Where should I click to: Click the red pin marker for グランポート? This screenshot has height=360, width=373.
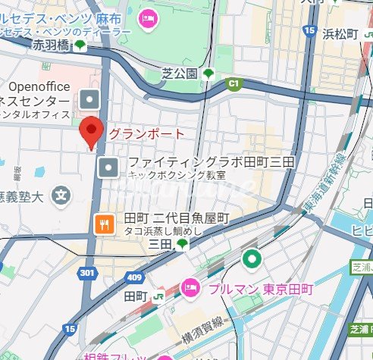(x=91, y=132)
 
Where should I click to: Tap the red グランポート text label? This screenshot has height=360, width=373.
(x=146, y=134)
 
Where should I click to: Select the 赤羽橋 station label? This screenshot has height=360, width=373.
(x=51, y=45)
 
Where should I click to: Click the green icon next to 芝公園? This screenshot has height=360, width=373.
(x=208, y=74)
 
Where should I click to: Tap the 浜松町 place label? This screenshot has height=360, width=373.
(x=345, y=33)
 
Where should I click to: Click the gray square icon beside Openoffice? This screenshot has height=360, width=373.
(x=90, y=99)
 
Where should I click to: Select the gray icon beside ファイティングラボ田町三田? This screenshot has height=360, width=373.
(x=111, y=167)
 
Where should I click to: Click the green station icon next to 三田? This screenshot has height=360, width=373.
(x=182, y=243)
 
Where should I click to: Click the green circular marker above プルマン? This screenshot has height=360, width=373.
(x=251, y=260)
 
